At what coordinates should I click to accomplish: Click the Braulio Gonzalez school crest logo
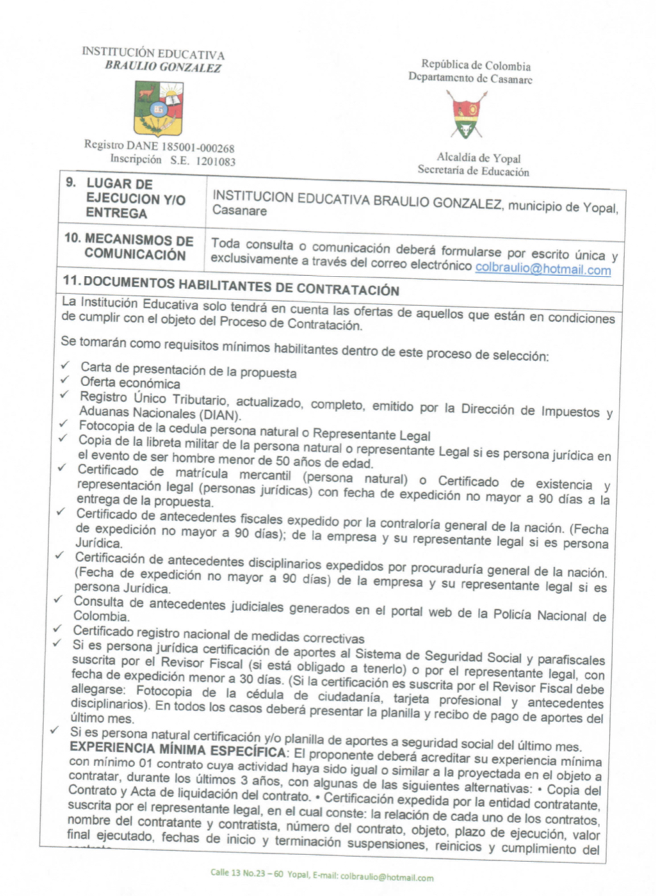click(x=159, y=108)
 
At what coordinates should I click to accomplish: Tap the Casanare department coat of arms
click(x=467, y=115)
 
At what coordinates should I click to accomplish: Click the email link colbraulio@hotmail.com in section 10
click(x=543, y=269)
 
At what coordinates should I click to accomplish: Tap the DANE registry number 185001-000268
click(x=198, y=147)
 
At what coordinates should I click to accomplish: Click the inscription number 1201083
click(x=215, y=161)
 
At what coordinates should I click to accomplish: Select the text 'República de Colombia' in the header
click(x=476, y=65)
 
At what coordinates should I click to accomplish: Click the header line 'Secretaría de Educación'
click(x=473, y=170)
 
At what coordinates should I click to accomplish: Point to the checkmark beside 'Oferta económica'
click(x=64, y=380)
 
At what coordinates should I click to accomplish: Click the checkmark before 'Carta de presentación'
click(x=65, y=365)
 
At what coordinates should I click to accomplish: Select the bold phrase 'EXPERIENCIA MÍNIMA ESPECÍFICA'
click(x=178, y=750)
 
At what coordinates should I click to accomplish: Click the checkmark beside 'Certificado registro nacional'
click(x=57, y=629)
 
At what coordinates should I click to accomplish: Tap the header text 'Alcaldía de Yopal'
click(x=478, y=158)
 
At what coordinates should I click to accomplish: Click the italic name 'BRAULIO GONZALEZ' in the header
click(x=162, y=67)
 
